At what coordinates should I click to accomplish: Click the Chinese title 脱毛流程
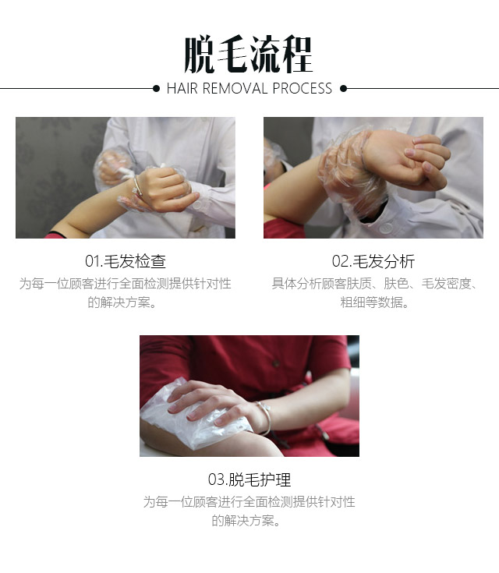coord(248,54)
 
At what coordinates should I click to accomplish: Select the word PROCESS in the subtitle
coord(302,88)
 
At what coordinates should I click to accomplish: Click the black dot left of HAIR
coord(156,88)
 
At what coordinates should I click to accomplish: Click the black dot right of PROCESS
coord(343,88)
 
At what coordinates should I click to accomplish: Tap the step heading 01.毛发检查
coord(126,261)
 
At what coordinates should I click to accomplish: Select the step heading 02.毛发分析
coord(373,261)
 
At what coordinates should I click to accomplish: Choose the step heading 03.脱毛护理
coord(249,479)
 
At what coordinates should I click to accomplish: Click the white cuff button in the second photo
coord(385,228)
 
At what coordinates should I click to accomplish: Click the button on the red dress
coord(276,363)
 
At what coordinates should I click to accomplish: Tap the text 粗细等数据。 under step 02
coord(374,302)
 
